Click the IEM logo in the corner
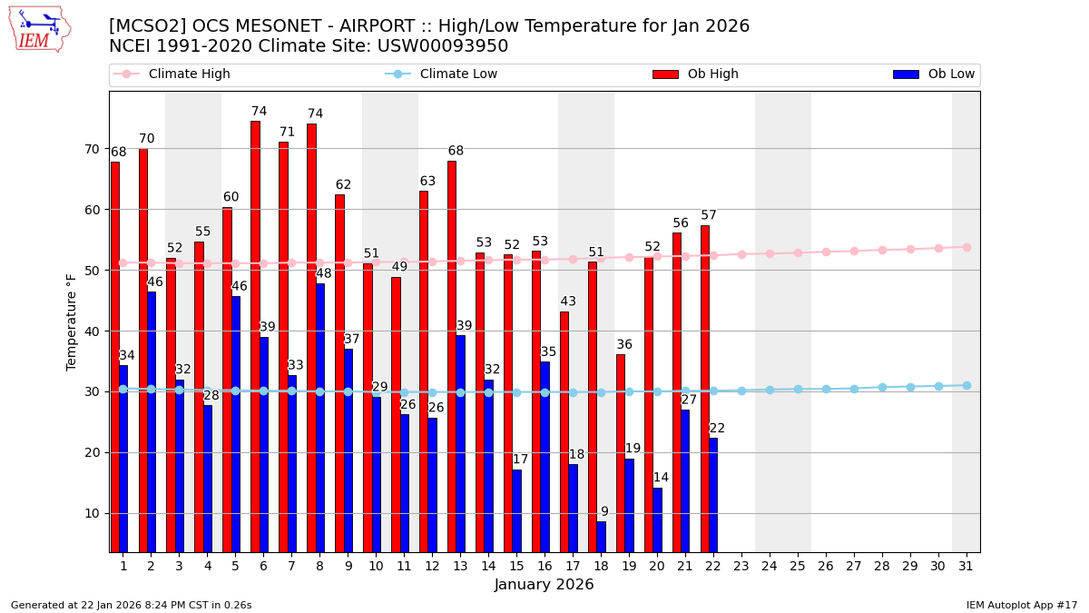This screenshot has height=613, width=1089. click(x=39, y=29)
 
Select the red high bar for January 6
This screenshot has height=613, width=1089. click(x=255, y=336)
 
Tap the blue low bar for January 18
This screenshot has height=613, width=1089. click(x=601, y=537)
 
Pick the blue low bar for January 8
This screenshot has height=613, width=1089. click(x=320, y=418)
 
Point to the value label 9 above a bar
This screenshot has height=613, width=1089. click(x=604, y=512)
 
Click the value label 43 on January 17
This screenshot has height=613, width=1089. click(x=568, y=302)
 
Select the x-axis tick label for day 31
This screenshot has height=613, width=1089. click(x=966, y=566)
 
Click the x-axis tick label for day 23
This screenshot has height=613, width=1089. click(x=741, y=566)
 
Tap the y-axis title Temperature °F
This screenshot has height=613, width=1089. click(x=72, y=321)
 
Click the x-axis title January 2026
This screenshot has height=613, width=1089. click(x=544, y=585)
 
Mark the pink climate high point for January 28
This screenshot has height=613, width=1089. click(x=882, y=250)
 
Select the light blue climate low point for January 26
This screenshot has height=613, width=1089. click(x=826, y=389)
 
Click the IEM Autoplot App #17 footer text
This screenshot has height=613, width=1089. click(x=1021, y=605)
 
